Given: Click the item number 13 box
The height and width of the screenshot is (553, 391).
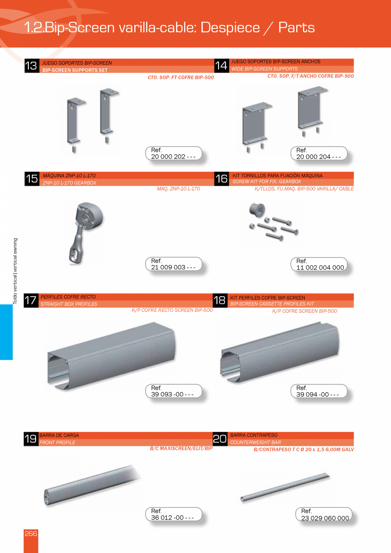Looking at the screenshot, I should [x=31, y=66].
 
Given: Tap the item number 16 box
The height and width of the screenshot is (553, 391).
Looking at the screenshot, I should [x=221, y=179].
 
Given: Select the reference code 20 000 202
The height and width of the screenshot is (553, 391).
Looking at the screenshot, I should [x=173, y=156].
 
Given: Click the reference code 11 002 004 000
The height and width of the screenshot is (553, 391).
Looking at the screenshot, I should [x=320, y=267].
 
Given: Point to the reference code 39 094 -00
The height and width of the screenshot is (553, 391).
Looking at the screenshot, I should [x=317, y=394].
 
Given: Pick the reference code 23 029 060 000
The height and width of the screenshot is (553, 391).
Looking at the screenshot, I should [x=325, y=518].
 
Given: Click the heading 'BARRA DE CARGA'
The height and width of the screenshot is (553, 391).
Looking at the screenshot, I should [x=59, y=435].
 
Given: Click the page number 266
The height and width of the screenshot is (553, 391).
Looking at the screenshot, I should [x=31, y=534].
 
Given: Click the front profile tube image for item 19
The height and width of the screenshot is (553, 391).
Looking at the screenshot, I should [x=91, y=485].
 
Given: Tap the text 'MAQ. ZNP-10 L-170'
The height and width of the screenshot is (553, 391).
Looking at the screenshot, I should [x=178, y=189].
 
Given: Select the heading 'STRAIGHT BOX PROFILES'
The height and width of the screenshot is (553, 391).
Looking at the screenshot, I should [x=69, y=304].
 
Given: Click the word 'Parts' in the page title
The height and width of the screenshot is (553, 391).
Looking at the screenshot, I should [x=296, y=28].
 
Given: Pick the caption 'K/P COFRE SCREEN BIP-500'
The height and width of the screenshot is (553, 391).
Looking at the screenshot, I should [x=304, y=311].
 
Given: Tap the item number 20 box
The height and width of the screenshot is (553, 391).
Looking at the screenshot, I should [x=220, y=439].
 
